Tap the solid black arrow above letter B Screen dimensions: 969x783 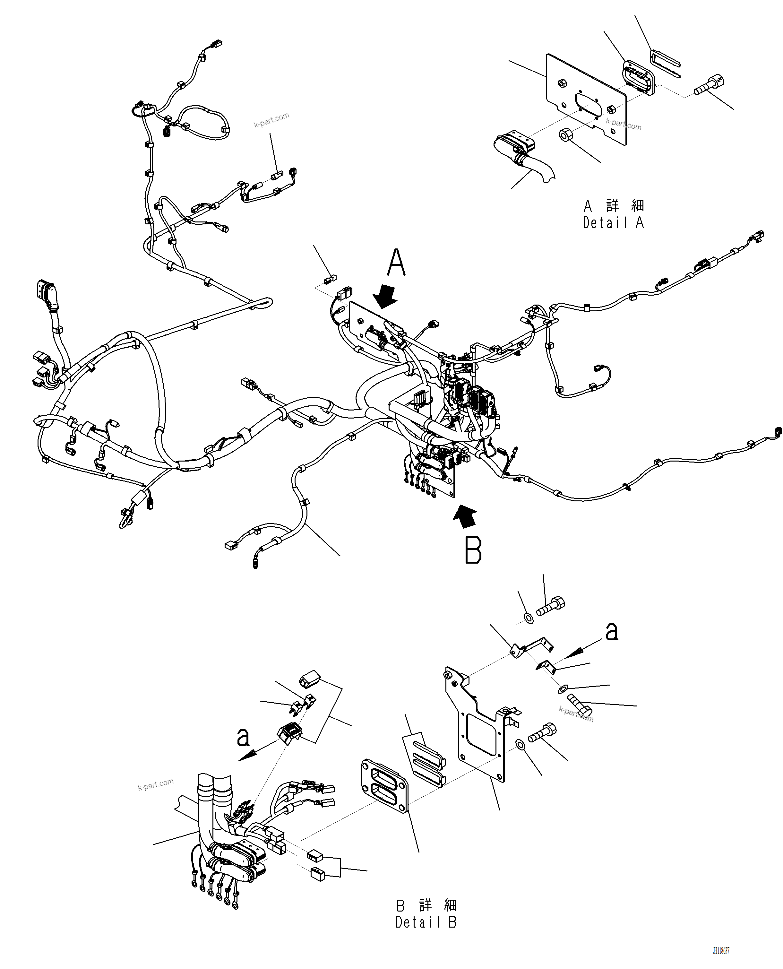click(x=466, y=515)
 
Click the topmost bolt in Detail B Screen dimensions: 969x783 click(x=551, y=606)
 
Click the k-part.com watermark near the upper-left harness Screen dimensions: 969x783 click(x=271, y=120)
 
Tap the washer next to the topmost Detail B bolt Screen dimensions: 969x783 click(x=529, y=618)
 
